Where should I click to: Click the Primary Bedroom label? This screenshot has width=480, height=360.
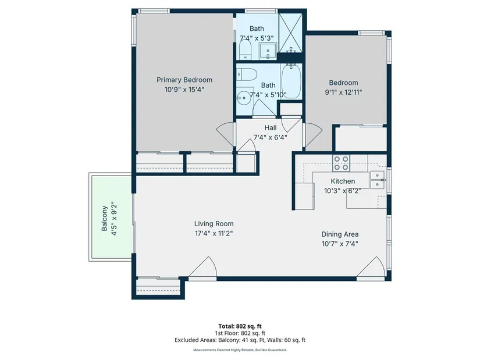click(184, 80)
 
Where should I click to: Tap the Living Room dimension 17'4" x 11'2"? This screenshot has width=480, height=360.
click(214, 234)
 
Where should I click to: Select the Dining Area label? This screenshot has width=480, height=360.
click(340, 234)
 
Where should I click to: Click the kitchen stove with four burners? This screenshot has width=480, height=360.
click(342, 163)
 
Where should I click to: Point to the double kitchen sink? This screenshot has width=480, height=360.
click(378, 180)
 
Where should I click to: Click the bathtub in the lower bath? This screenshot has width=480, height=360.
click(291, 81)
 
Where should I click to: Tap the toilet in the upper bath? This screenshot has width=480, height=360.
click(245, 49)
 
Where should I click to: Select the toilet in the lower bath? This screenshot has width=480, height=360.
click(247, 74)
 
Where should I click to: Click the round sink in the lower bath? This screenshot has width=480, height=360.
click(244, 98)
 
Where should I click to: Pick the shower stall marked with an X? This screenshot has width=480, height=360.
click(290, 33)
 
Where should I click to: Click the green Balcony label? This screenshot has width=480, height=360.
click(104, 218)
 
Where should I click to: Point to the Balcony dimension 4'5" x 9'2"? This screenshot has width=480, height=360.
click(114, 218)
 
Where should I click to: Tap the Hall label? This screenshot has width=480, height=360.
click(271, 127)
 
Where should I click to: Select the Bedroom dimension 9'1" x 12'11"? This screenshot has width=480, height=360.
click(343, 92)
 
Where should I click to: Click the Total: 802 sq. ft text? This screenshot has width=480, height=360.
click(240, 326)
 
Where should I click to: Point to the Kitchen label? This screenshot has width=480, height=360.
click(343, 181)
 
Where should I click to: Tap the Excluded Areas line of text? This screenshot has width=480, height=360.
click(240, 340)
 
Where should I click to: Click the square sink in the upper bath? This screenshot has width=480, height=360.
click(268, 51)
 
